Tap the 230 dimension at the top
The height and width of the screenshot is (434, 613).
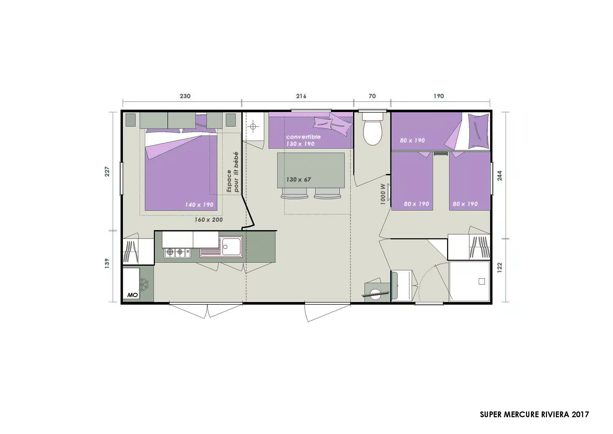[185, 96]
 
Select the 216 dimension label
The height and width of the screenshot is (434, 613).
[301, 96]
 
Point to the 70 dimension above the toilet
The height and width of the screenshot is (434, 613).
[372, 96]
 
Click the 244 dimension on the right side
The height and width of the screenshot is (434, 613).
[500, 176]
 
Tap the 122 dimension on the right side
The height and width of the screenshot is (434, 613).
[500, 267]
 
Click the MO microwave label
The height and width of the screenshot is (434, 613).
[132, 295]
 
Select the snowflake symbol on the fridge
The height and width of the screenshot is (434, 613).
[145, 284]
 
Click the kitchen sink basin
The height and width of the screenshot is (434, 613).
[231, 246]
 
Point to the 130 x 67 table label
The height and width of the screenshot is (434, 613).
[299, 179]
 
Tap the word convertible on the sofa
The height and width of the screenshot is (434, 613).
[303, 137]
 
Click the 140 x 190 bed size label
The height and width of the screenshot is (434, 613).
[199, 205]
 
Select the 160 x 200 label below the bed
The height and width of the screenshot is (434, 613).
[209, 220]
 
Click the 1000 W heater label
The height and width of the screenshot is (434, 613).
[383, 194]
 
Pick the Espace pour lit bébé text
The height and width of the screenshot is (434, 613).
[232, 172]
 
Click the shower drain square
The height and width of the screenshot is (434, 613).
[482, 281]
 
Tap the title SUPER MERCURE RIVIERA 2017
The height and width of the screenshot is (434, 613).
[534, 415]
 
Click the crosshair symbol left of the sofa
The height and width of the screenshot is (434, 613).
[253, 126]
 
